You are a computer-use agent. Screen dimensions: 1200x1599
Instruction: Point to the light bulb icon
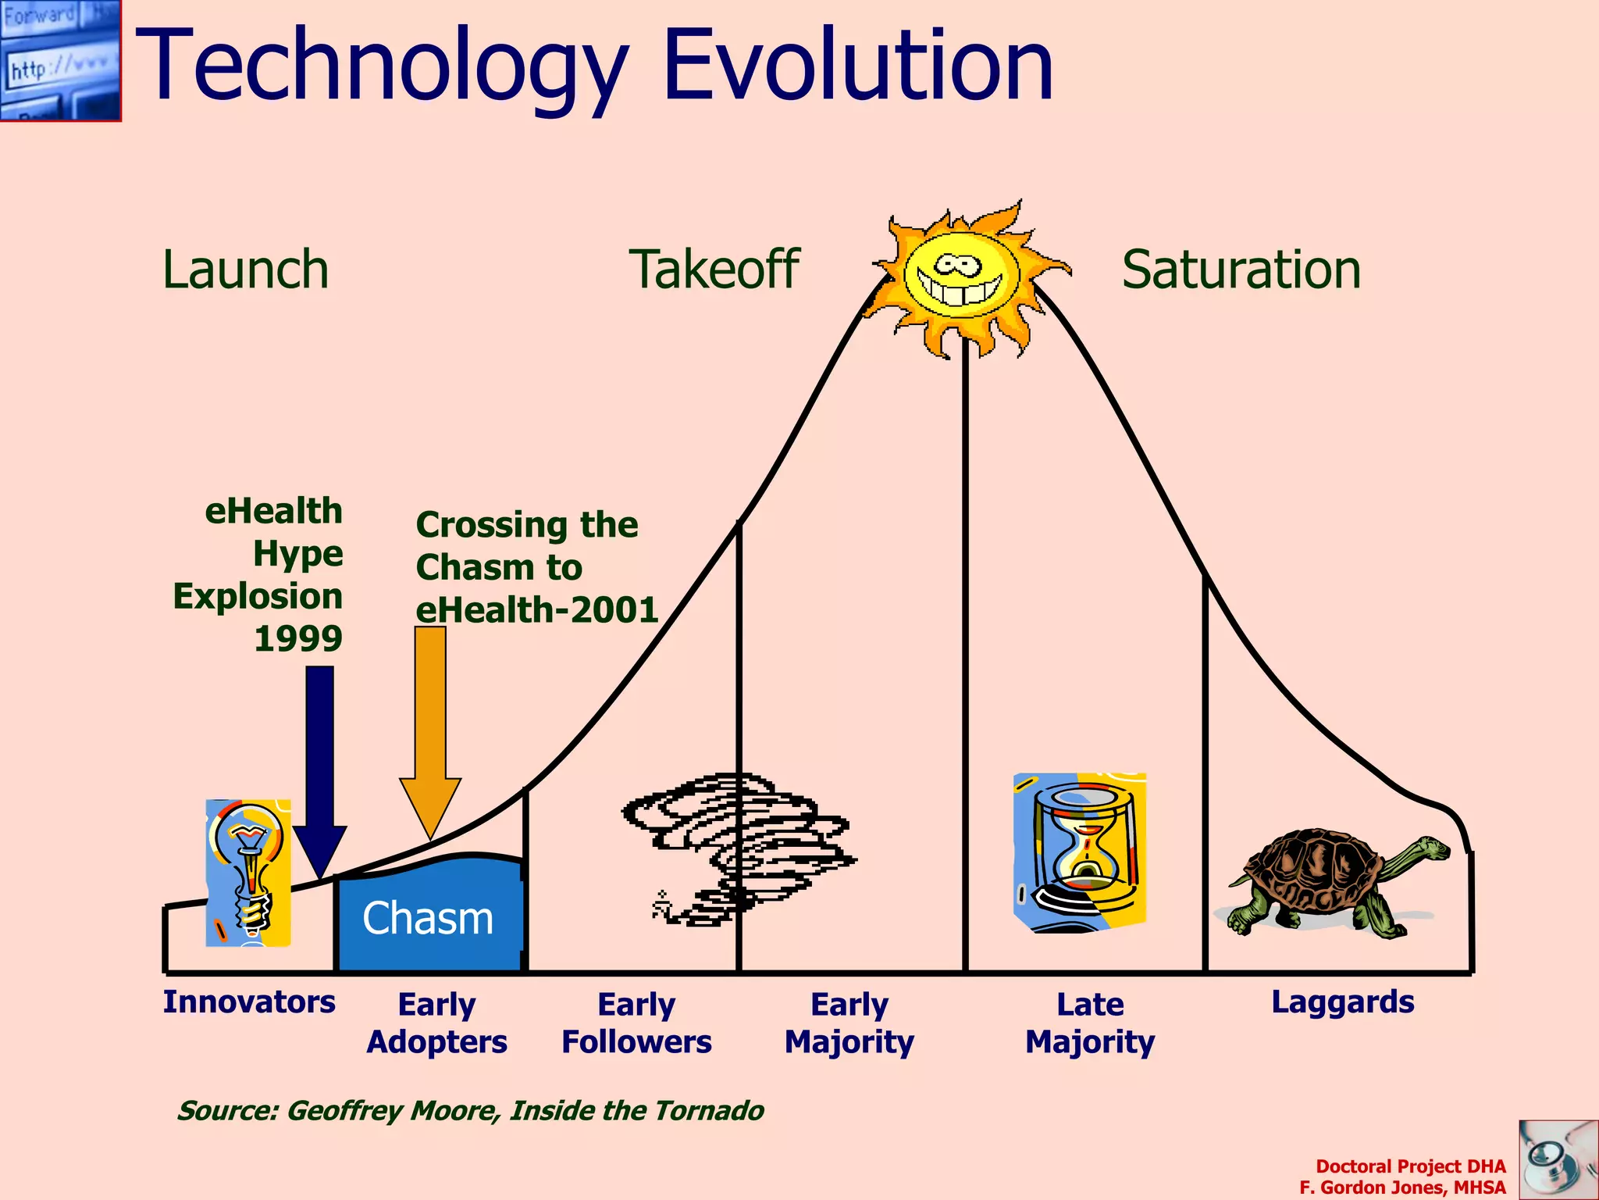[248, 871]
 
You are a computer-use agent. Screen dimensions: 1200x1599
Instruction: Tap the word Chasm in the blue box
[428, 918]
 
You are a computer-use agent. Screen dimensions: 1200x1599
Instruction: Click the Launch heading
[245, 270]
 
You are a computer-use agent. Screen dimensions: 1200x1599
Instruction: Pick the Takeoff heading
[714, 270]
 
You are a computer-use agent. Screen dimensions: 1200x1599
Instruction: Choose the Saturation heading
[1241, 270]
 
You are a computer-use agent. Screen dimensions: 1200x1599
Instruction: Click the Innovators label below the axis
[248, 1002]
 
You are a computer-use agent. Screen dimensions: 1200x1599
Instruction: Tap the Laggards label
[1342, 1002]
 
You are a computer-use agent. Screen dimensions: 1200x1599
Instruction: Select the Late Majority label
[1090, 1023]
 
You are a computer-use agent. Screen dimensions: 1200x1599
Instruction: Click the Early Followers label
[636, 1023]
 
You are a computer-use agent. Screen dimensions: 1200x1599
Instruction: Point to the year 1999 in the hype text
[298, 639]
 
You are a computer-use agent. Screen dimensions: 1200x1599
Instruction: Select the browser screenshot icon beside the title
[60, 60]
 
